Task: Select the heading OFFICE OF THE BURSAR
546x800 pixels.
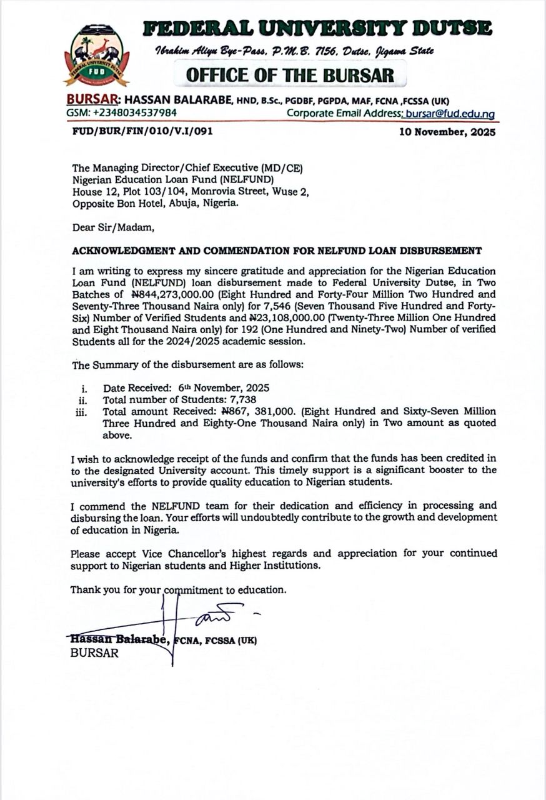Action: [x=290, y=75]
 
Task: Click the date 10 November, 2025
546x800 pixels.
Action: [x=447, y=132]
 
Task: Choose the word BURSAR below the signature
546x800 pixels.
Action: [x=94, y=653]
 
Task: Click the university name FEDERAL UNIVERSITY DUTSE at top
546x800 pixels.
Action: [x=317, y=29]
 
